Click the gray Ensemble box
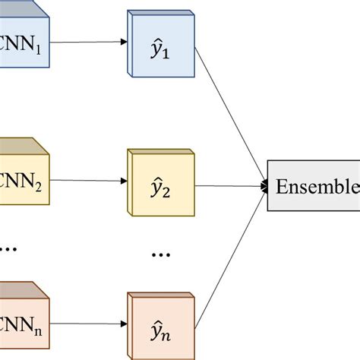[314, 186]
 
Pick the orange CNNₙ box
[23, 319]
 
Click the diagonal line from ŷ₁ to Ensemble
[232, 118]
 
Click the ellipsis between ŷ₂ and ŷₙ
[161, 254]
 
